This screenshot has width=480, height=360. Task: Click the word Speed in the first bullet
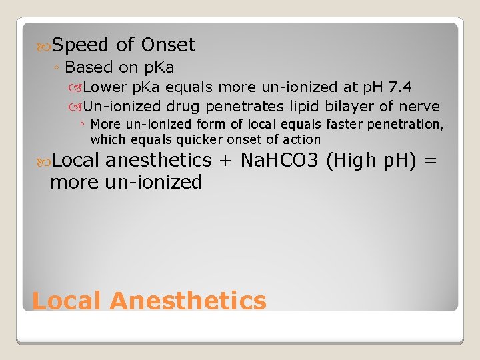80,45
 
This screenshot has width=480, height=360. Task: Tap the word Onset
167,45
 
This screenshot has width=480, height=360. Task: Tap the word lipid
303,106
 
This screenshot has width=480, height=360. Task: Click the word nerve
419,106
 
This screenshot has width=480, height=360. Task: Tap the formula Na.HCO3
280,161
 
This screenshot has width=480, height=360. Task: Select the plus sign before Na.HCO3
225,161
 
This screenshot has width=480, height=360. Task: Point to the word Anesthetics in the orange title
188,301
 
